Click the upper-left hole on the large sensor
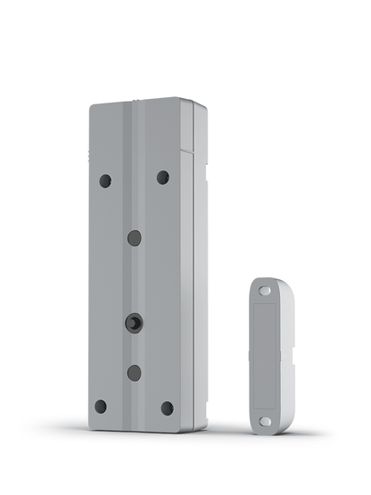[x=105, y=181]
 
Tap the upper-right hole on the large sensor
[x=163, y=177]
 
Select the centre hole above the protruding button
[x=134, y=238]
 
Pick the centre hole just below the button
[x=134, y=373]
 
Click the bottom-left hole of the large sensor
[x=101, y=407]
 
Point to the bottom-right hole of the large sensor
[x=167, y=408]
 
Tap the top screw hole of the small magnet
[x=264, y=291]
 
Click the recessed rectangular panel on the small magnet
[x=264, y=355]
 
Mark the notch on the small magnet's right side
[x=291, y=361]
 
